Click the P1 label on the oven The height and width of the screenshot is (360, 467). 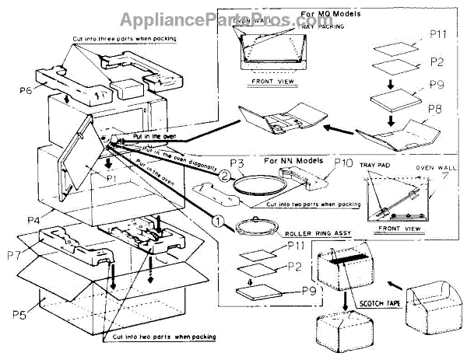click(111, 178)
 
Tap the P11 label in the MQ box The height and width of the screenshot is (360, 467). click(437, 35)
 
